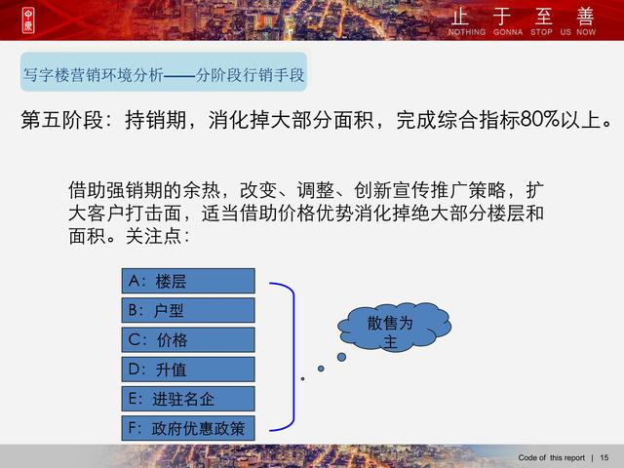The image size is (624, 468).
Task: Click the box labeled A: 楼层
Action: click(188, 281)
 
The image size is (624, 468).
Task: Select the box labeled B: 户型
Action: click(188, 310)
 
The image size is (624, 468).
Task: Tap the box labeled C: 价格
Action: click(188, 340)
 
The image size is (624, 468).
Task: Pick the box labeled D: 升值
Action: click(188, 370)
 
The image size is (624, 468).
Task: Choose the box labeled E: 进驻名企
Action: click(188, 399)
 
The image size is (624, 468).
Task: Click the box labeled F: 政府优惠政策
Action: click(188, 428)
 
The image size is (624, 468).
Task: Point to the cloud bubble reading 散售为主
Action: click(394, 328)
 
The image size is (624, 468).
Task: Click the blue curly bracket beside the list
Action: click(293, 357)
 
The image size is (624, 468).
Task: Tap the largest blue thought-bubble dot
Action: click(341, 357)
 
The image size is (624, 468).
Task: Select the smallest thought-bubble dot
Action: click(303, 379)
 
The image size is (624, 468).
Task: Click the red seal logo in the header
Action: click(28, 20)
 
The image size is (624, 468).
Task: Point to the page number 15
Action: click(604, 457)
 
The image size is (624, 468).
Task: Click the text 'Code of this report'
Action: click(551, 457)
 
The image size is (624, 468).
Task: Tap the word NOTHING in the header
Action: click(467, 32)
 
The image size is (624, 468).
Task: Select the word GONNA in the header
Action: click(508, 32)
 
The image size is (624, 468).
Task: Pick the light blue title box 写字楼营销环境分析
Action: click(164, 72)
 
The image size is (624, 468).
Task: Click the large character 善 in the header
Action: click(585, 17)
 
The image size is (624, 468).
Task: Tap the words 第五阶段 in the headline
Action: click(61, 120)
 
